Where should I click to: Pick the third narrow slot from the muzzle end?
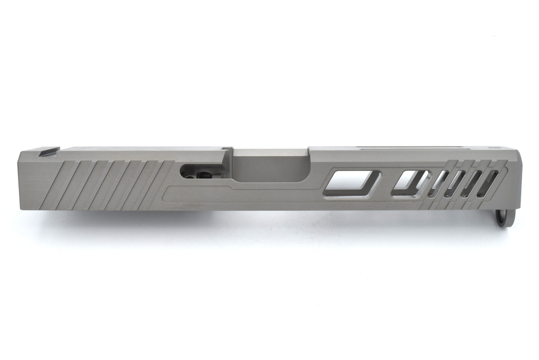point(455,184)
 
